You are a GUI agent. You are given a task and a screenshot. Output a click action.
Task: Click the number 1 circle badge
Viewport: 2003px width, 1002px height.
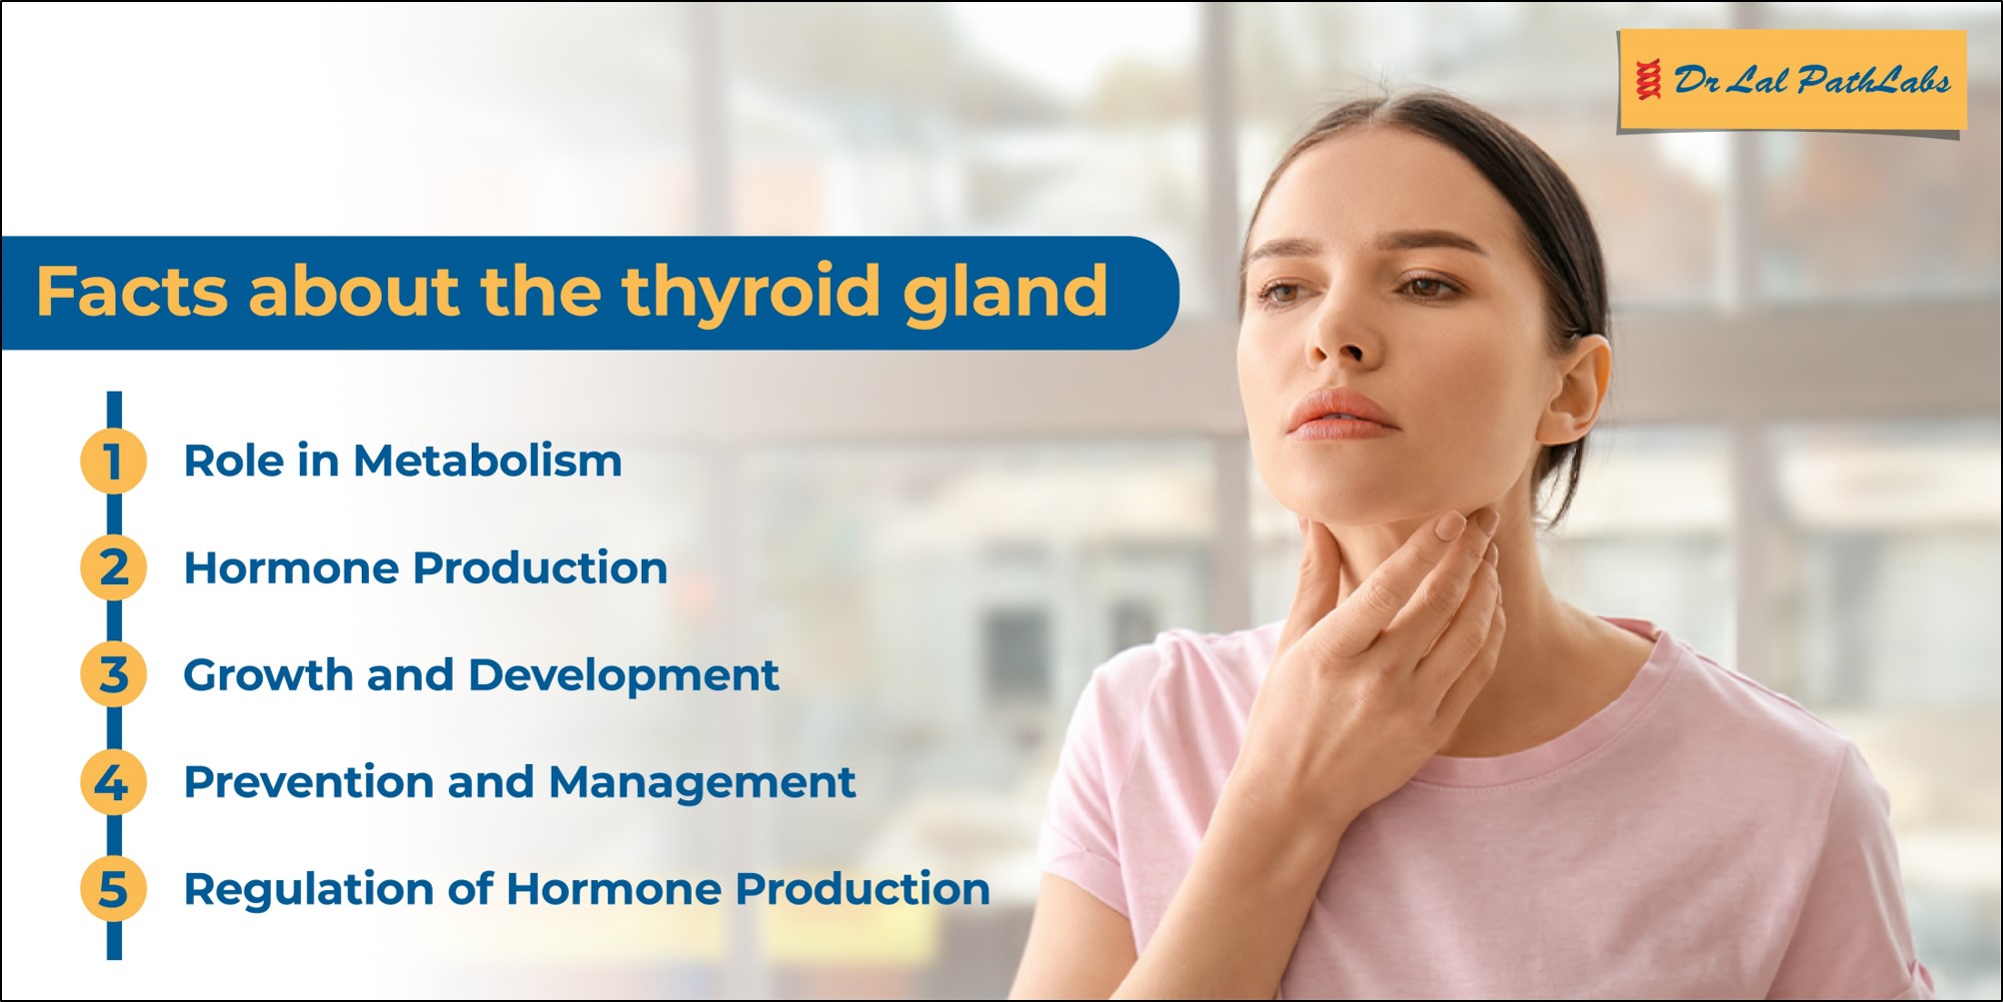pos(113,461)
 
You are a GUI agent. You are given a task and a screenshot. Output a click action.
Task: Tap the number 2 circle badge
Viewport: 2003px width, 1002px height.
pos(113,567)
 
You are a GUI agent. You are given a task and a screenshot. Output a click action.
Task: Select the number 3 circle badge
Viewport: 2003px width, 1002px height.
pos(113,674)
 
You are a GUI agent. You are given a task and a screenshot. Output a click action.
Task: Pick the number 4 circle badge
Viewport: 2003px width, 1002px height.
pos(113,781)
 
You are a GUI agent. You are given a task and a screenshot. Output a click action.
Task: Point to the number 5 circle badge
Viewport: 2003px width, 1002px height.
pos(113,888)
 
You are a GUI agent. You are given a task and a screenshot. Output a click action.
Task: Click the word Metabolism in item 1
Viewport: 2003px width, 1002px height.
pos(488,461)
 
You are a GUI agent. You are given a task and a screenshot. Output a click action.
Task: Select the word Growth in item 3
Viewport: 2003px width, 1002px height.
pos(268,674)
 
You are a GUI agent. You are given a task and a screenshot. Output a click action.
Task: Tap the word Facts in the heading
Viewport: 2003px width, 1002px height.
pos(132,291)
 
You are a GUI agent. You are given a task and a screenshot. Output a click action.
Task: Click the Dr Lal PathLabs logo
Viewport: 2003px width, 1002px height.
pos(1791,81)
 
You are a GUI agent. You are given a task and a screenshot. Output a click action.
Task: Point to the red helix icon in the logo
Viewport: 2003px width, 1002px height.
pos(1649,80)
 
